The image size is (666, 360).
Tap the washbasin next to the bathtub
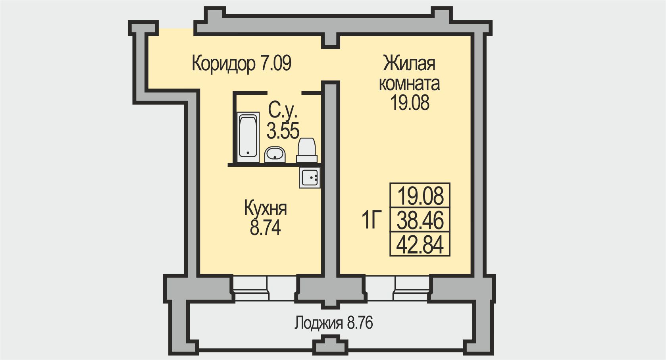click(x=275, y=154)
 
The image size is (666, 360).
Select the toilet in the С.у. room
click(x=306, y=150)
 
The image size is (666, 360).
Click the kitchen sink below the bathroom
click(x=310, y=177)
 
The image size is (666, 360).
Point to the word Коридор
click(x=223, y=64)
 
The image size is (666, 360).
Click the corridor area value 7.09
click(x=275, y=64)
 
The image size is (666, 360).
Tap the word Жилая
click(x=409, y=64)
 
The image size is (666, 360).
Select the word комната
click(x=409, y=84)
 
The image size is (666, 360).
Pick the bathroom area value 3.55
click(x=283, y=131)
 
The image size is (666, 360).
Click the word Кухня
click(x=265, y=209)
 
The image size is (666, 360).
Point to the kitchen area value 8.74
click(x=265, y=228)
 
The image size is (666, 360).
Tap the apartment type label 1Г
click(x=371, y=221)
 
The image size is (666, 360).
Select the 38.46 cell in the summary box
click(x=420, y=220)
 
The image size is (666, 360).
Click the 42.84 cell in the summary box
click(x=420, y=244)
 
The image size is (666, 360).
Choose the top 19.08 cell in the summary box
click(x=420, y=196)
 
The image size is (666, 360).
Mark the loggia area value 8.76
click(x=360, y=323)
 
